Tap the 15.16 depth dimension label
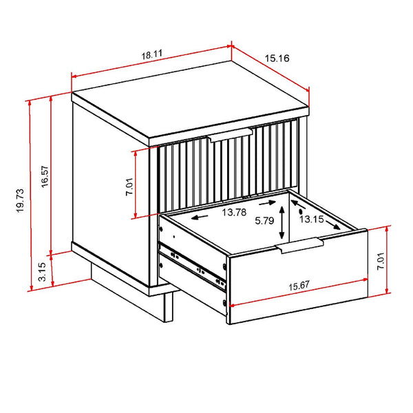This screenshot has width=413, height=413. (277, 59)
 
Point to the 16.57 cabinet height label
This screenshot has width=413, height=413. (44, 176)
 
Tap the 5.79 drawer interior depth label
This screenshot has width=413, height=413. (264, 222)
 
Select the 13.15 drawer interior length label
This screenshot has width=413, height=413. (310, 219)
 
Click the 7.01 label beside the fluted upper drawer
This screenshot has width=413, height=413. (129, 184)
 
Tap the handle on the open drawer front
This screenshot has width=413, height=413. (301, 246)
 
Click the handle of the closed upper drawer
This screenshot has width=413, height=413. (232, 134)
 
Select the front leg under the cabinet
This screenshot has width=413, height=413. (169, 306)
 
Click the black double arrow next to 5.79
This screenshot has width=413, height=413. (281, 223)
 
